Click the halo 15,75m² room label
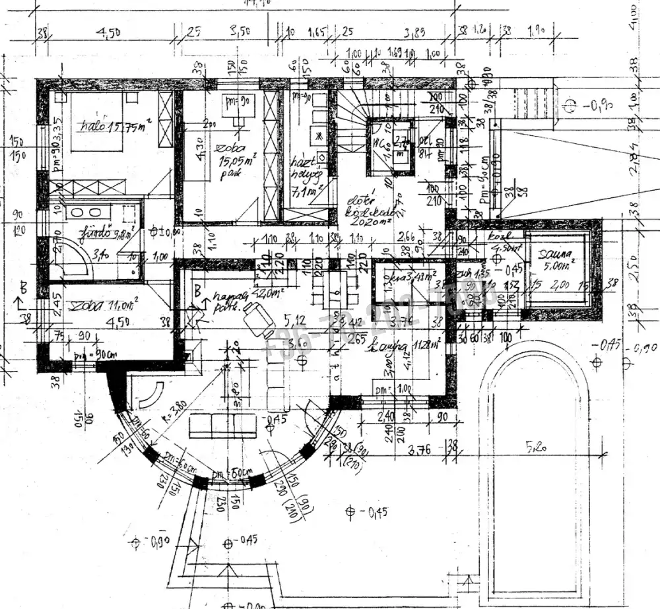click(108, 126)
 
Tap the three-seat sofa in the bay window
click(222, 426)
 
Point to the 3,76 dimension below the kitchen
click(420, 451)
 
